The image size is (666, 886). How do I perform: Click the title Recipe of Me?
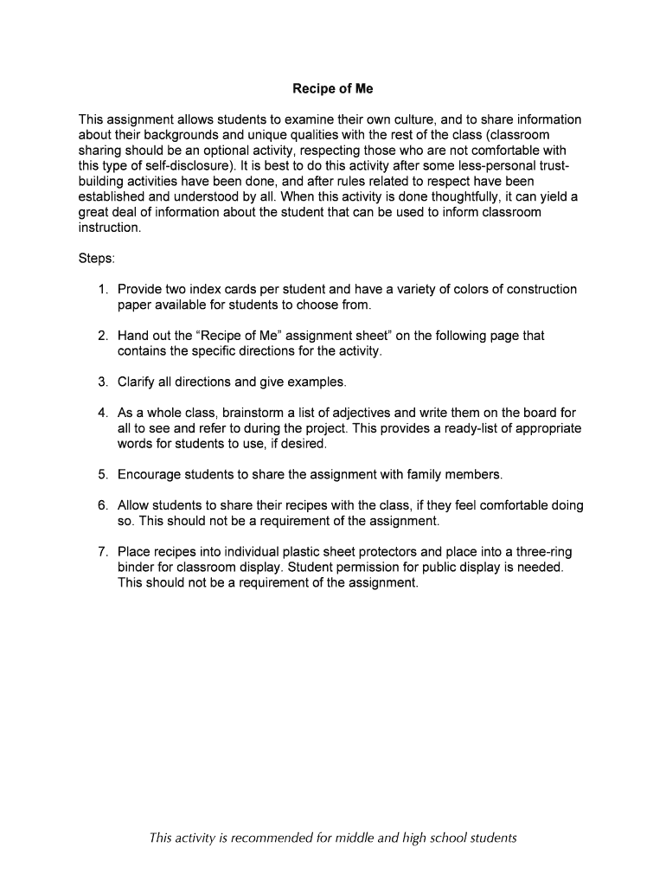pyautogui.click(x=332, y=88)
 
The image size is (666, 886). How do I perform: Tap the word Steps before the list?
pyautogui.click(x=95, y=259)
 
